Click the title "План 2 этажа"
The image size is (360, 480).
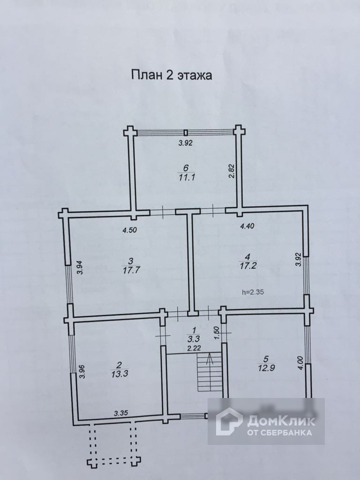click(171, 75)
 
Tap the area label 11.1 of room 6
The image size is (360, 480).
click(186, 177)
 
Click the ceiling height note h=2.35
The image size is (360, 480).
click(255, 292)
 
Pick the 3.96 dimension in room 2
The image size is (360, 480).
click(82, 371)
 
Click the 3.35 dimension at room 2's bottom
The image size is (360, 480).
click(122, 413)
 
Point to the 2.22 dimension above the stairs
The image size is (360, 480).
click(194, 348)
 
